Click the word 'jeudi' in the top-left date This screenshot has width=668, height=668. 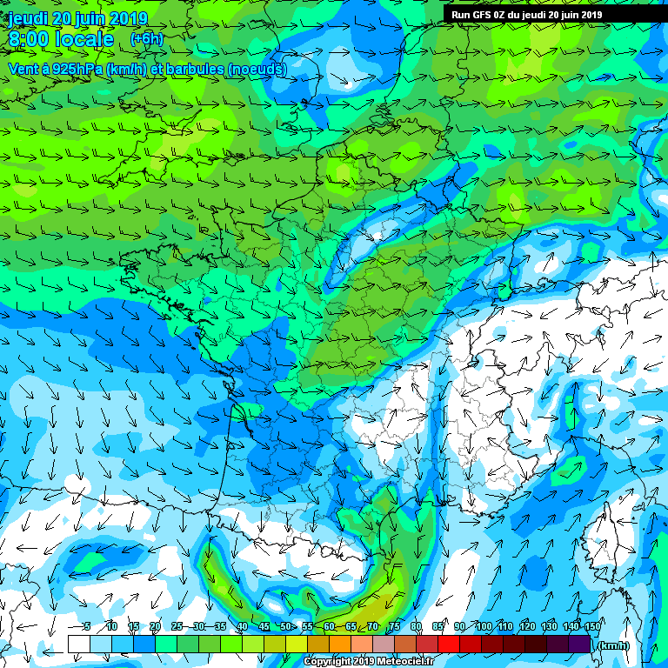coord(29,18)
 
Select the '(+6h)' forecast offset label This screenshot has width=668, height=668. coord(146,39)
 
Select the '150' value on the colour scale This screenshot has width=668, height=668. coord(591,626)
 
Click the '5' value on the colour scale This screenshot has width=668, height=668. coord(87,626)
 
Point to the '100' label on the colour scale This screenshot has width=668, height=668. coord(484,626)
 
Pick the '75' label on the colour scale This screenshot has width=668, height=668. coord(395,626)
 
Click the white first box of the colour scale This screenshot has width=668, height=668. coord(79,645)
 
